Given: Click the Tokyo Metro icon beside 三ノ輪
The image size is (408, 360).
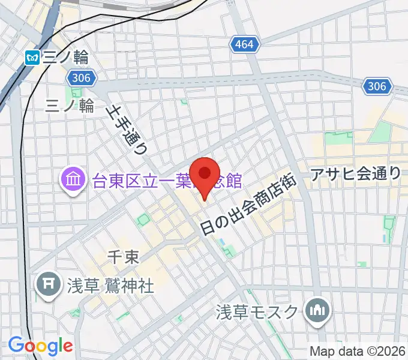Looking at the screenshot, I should coord(32,58).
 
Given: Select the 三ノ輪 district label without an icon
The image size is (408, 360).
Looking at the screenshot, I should coord(70,106).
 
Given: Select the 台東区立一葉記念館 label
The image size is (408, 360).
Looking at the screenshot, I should coord(167,179).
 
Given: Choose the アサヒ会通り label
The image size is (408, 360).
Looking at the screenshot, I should coord(356,174).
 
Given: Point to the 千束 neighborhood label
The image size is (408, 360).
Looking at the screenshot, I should coord(123,257).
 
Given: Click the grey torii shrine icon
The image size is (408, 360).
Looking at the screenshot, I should coord(46,283).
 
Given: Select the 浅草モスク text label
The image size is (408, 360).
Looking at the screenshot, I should coord(257,312).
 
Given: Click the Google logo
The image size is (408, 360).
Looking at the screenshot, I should coord(40,345).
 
